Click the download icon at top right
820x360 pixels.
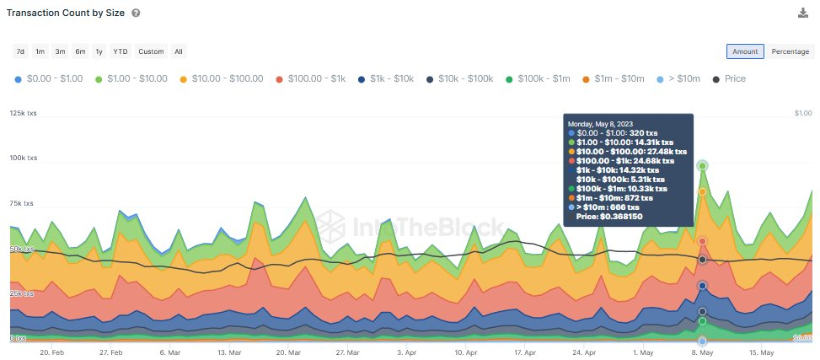(x=803, y=13)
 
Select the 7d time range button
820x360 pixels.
(x=20, y=51)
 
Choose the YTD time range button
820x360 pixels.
(x=121, y=51)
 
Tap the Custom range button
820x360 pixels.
(x=151, y=51)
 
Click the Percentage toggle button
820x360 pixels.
(x=790, y=51)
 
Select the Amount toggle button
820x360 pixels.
(x=745, y=51)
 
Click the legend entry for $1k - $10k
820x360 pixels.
(x=386, y=78)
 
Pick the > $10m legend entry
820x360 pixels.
(x=678, y=78)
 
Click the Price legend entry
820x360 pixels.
(x=729, y=78)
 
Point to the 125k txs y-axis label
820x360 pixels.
(x=24, y=113)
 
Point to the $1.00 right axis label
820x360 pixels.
(x=804, y=113)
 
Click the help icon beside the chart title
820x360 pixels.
(x=137, y=13)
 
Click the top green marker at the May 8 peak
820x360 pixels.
(x=702, y=166)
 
